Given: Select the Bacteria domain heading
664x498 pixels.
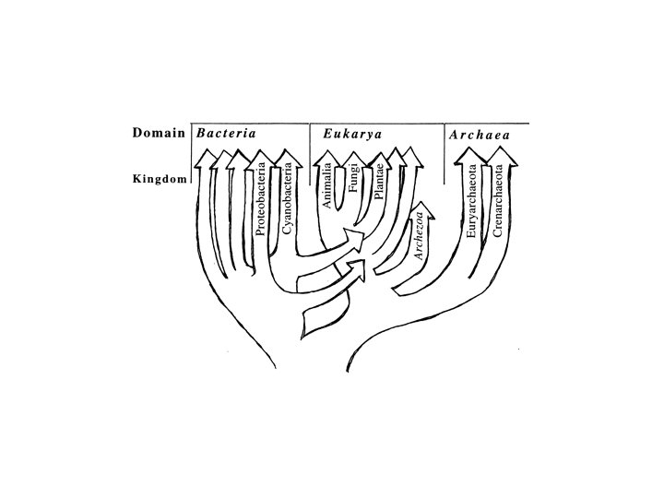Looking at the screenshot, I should tap(225, 134).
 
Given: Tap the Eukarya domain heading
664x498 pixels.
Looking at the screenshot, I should tap(352, 135).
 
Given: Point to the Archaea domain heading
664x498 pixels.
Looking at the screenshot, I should tap(480, 136).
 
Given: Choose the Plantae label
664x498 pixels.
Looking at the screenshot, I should tap(379, 183).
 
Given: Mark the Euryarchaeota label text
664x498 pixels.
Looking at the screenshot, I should tap(472, 202).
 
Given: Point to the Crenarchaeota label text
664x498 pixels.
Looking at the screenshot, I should tap(498, 200).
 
